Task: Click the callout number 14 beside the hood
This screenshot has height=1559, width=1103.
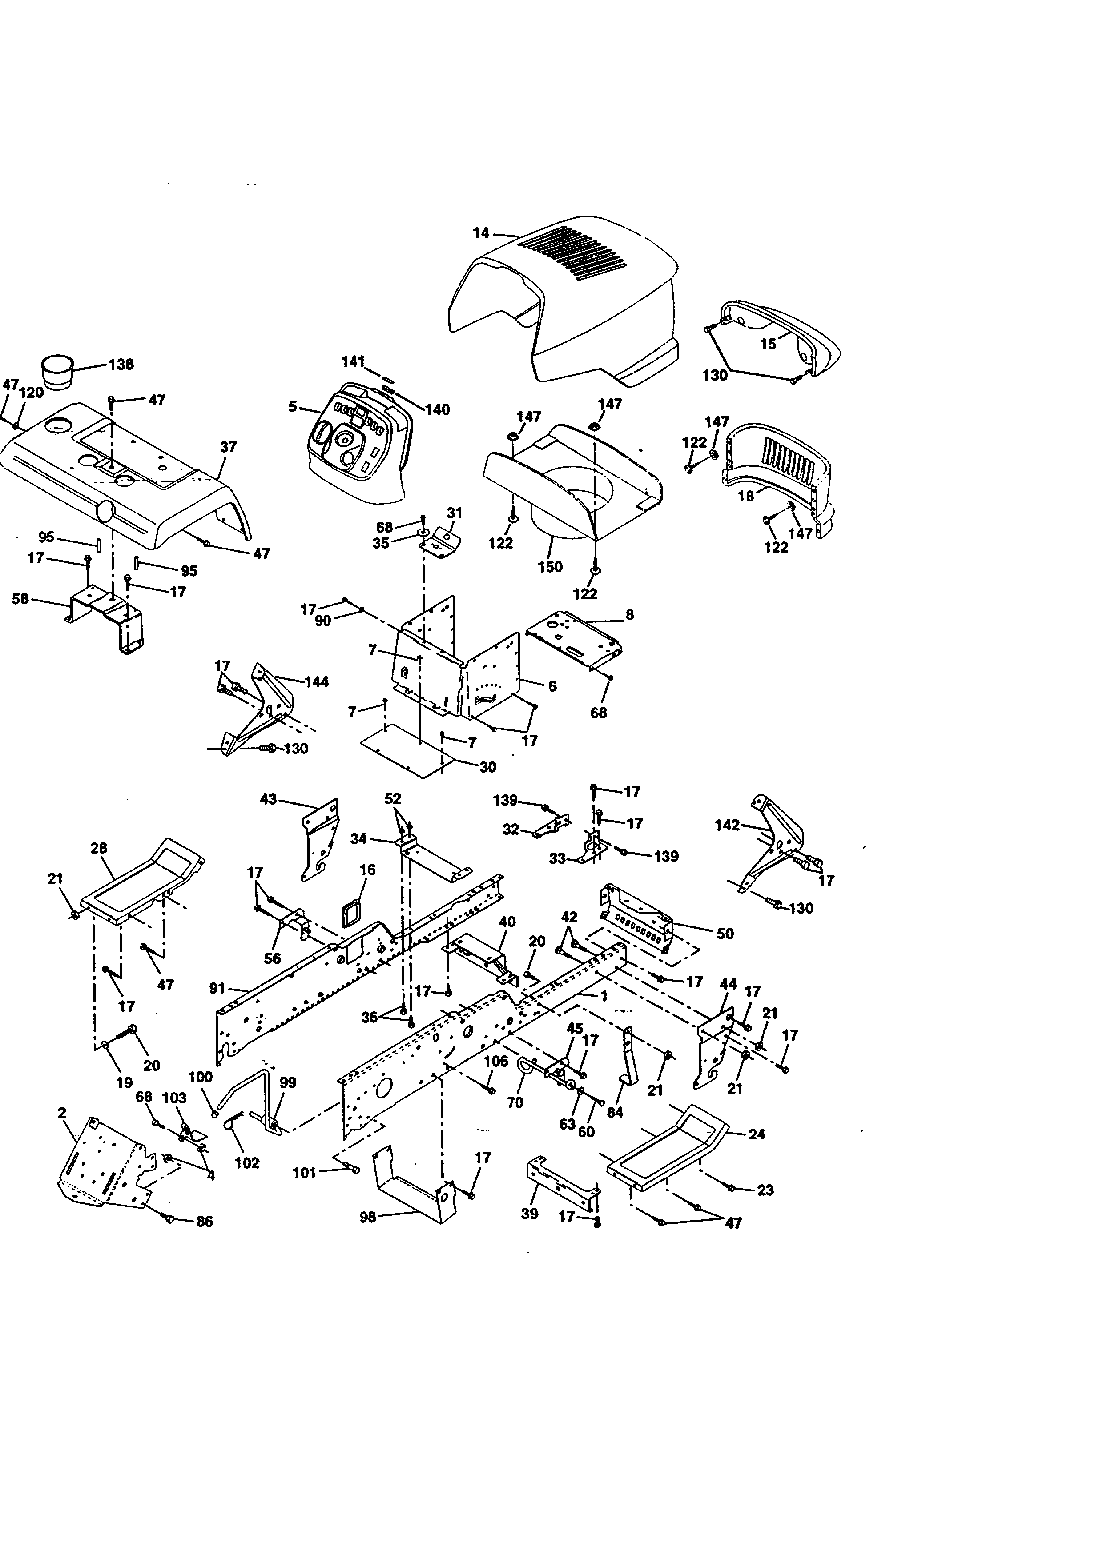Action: point(480,233)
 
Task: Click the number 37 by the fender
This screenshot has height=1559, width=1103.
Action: point(228,447)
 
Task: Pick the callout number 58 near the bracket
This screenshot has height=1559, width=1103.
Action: point(20,599)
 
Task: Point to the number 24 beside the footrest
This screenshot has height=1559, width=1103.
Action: point(756,1134)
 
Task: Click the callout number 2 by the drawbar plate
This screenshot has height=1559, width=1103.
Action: point(62,1112)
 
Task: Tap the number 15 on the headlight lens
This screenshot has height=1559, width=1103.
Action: point(768,344)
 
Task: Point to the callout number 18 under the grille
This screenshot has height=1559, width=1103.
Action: point(746,497)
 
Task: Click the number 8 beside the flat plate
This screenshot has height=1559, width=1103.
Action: point(630,614)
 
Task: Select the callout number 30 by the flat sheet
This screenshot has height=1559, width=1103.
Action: point(487,767)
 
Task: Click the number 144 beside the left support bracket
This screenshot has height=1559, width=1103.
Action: point(317,682)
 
